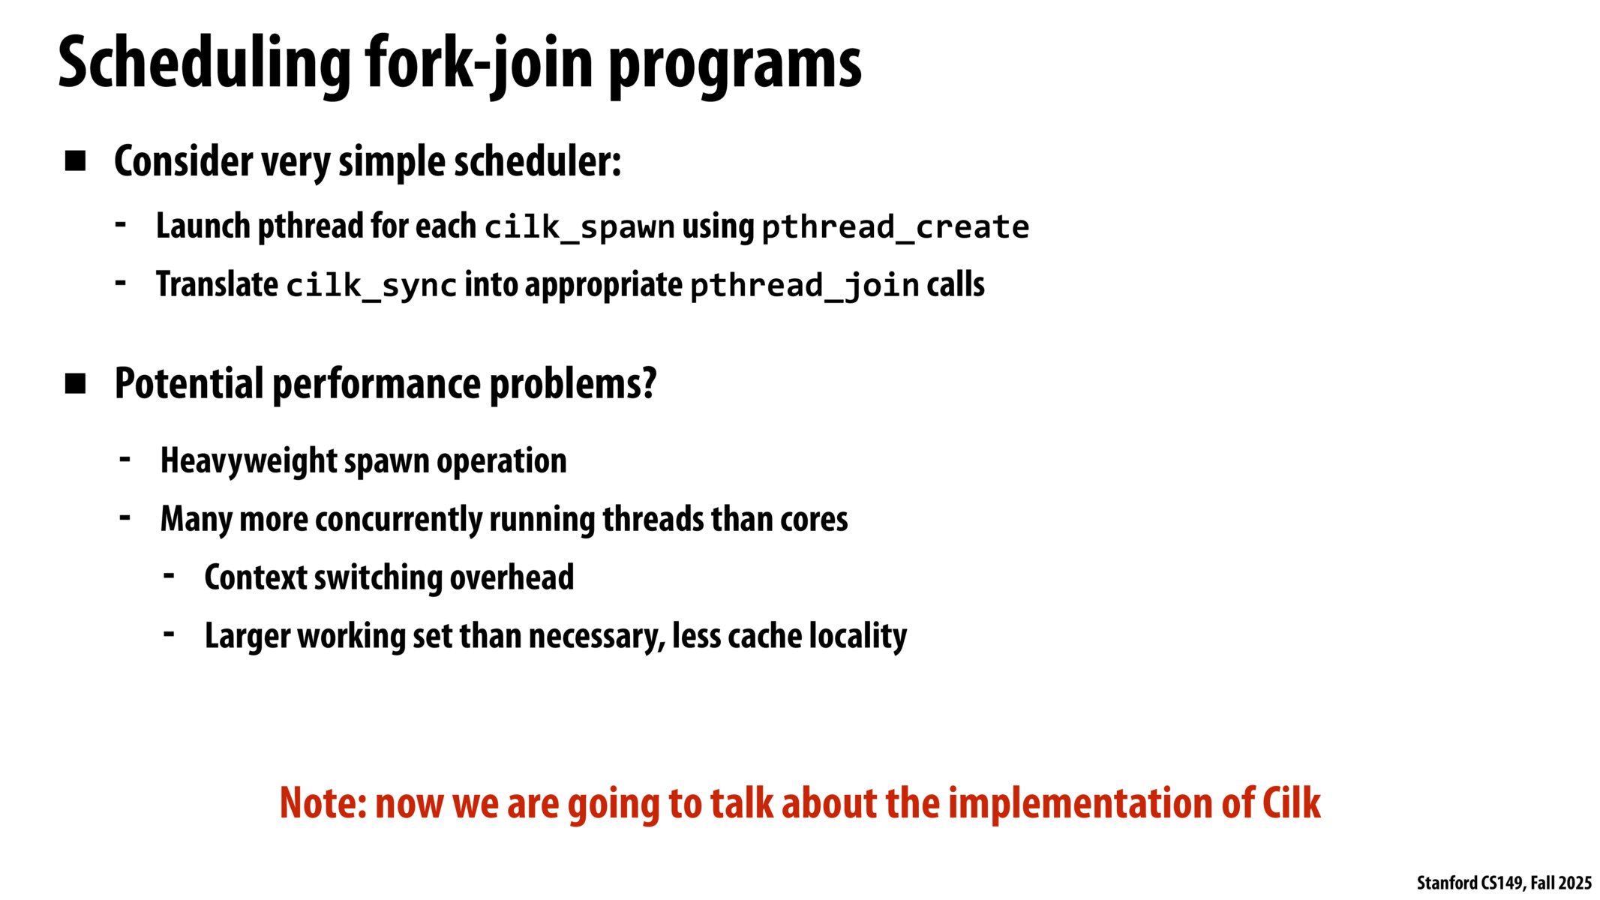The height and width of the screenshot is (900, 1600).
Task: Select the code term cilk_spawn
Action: click(579, 227)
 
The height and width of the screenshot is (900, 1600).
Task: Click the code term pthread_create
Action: click(895, 227)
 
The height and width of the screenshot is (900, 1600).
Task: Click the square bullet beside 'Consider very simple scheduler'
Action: click(75, 160)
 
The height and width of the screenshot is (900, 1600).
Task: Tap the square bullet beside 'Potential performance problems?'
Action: click(75, 383)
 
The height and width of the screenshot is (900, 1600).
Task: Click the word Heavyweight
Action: click(248, 460)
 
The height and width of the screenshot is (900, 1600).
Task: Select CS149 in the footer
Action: click(1502, 883)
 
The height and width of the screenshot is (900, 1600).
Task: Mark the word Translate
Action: click(218, 285)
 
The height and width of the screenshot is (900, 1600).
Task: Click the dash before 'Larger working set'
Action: click(170, 634)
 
